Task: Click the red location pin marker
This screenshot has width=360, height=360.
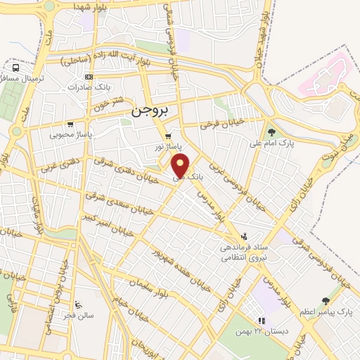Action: point(181,167)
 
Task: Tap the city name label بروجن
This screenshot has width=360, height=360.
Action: point(150,110)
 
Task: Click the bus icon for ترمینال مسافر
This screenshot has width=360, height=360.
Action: point(15,67)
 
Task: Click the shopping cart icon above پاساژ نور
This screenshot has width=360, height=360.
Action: point(167,136)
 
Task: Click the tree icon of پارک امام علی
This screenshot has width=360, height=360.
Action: point(271,131)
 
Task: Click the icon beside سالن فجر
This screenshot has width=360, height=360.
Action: point(77,305)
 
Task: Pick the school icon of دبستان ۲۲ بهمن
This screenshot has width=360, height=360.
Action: point(262,321)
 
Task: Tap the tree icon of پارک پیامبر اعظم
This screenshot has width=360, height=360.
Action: point(325,300)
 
